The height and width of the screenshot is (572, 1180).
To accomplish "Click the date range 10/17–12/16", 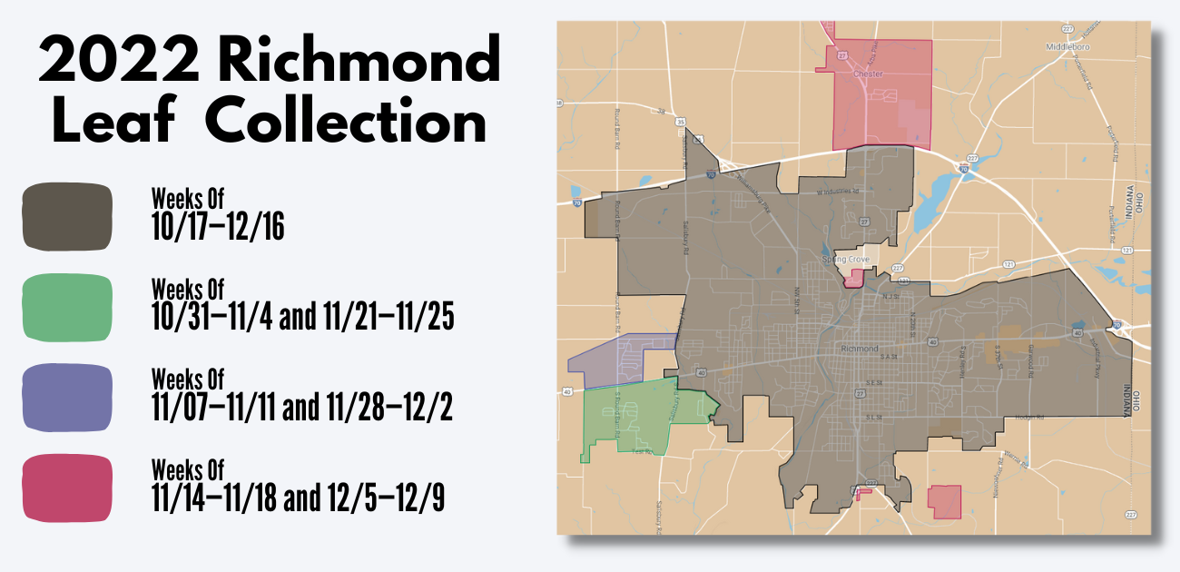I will pos(218,228).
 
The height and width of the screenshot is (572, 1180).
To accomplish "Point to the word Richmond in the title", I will pos(359,62).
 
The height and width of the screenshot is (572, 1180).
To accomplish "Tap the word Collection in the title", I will pos(346,122).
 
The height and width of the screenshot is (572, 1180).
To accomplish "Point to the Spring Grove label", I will pos(845,260).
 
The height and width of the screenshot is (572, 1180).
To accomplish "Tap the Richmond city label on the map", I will pos(860,349).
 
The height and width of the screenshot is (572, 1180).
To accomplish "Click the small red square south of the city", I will pos(944,500).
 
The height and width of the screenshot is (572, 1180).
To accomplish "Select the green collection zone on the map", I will pos(626,418).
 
